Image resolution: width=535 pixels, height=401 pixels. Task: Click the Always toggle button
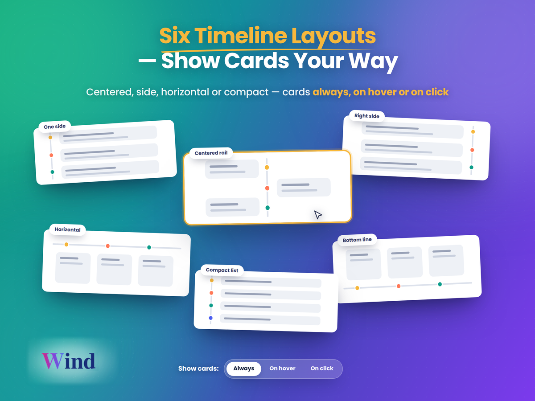point(244,368)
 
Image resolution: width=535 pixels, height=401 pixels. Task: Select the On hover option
point(282,368)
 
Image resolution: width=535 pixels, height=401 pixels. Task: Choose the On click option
point(322,368)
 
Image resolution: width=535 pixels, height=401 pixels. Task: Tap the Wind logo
point(69,361)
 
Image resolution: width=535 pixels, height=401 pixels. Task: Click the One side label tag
point(54,127)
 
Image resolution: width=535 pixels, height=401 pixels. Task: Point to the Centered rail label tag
point(211,153)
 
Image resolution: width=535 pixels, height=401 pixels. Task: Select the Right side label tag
point(367,116)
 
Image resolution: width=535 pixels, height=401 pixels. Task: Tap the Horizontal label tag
point(67,229)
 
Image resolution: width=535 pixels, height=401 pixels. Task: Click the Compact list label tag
point(222,270)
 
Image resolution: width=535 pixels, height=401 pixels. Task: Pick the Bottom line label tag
point(357,240)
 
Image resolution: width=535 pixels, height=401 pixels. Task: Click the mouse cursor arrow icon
point(317,214)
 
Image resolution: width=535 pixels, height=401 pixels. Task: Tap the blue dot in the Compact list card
point(211,318)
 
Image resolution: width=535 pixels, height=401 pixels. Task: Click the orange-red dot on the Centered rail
point(267,188)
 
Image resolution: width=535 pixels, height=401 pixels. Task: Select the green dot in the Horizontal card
point(149,248)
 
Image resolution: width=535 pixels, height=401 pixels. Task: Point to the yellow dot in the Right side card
point(473,132)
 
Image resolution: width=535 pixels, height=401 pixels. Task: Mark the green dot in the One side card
point(52,172)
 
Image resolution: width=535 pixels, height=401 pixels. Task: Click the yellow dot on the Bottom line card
point(357,288)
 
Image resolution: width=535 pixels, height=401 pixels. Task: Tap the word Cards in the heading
point(256,61)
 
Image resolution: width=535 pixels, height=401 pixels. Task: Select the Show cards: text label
point(198,368)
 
